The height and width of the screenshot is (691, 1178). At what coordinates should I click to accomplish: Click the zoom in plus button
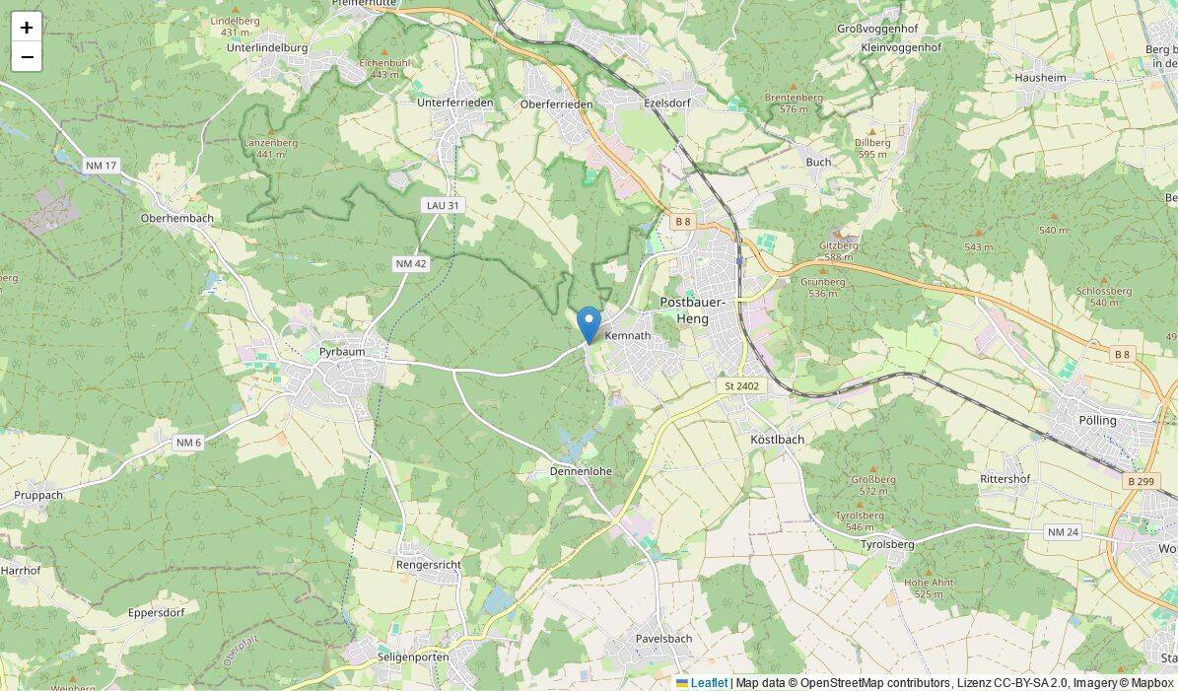(x=27, y=28)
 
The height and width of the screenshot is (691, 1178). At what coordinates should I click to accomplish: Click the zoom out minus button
(x=27, y=57)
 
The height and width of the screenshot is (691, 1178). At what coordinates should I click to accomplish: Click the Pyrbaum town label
(x=342, y=352)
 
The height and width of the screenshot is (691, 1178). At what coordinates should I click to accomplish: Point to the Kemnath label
(x=628, y=336)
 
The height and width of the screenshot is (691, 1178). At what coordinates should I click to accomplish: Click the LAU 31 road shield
(x=443, y=205)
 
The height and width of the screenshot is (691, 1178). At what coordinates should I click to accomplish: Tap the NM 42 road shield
(x=410, y=263)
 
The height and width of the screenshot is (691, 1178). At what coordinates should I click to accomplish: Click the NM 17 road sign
(x=102, y=166)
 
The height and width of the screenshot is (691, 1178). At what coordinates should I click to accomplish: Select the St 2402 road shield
(x=741, y=385)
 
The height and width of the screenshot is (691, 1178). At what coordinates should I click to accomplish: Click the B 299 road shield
(x=1139, y=481)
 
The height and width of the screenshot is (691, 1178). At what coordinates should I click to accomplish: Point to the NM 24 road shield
(x=1064, y=532)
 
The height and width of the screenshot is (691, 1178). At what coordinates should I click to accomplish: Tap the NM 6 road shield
(x=188, y=443)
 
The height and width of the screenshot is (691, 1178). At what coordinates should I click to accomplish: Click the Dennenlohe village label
(x=581, y=471)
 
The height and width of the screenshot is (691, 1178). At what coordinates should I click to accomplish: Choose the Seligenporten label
(x=413, y=656)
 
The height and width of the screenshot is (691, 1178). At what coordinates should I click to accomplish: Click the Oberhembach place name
(x=177, y=218)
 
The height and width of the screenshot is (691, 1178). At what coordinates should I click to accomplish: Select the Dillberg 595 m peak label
(x=873, y=148)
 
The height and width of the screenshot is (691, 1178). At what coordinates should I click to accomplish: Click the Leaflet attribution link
(x=709, y=683)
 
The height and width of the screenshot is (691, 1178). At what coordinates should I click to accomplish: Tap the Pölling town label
(x=1097, y=420)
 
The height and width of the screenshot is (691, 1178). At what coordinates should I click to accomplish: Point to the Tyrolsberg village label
(x=887, y=544)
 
